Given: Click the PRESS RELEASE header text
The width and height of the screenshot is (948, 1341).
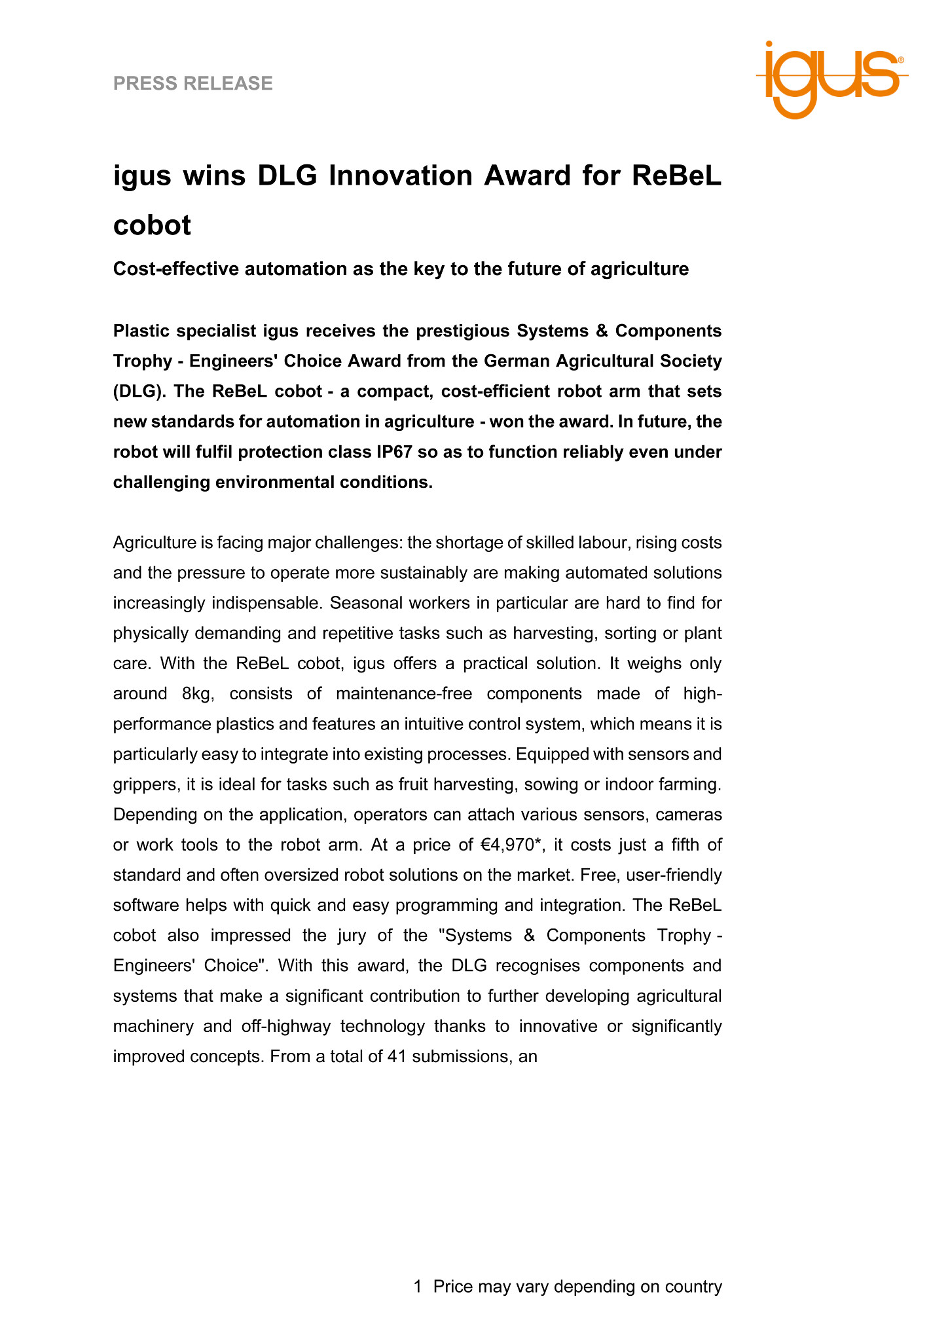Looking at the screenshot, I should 193,83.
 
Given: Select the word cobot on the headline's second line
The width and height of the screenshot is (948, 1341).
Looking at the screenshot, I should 152,225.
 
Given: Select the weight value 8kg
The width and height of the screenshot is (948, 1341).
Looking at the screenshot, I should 199,693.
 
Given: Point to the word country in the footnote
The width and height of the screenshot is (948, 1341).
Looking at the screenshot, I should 693,1287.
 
